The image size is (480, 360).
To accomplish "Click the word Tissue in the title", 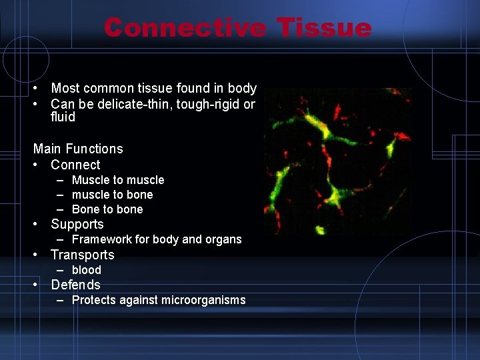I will (324, 28).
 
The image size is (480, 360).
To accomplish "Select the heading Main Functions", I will (78, 149).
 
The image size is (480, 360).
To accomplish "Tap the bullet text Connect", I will (75, 165).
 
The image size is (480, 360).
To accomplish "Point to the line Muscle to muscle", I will (118, 180).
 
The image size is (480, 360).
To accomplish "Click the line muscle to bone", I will (112, 195).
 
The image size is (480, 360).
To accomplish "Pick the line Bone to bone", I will (107, 209).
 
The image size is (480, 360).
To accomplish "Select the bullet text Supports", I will (77, 224).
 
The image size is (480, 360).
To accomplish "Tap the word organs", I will (223, 239).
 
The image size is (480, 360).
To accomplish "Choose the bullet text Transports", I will (83, 255).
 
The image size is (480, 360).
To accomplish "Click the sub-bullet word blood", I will (87, 270).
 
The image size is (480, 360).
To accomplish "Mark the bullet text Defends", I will (75, 285).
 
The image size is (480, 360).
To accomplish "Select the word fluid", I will (63, 117).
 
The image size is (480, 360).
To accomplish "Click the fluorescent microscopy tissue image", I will (337, 161).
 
